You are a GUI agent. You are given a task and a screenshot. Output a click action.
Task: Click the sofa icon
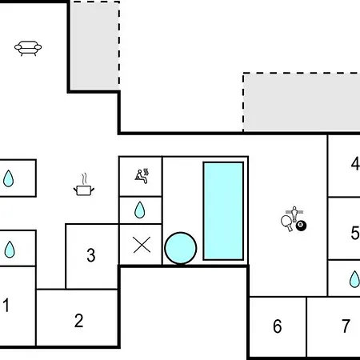[x=28, y=48]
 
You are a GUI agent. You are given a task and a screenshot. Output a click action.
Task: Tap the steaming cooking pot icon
[x=84, y=185]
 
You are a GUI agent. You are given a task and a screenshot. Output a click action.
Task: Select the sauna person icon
[x=142, y=176]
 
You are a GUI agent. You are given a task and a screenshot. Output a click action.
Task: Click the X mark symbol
[x=142, y=245]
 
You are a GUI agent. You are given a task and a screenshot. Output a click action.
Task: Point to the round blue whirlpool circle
[x=181, y=248]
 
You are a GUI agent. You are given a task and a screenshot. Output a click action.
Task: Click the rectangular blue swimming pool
[x=223, y=210]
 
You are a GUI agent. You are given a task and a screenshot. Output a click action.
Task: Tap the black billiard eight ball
[x=301, y=226]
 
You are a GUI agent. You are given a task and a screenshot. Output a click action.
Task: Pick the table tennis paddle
[x=286, y=223]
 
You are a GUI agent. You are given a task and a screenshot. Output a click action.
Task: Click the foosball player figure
[x=294, y=214]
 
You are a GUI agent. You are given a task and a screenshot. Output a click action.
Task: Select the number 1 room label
[x=6, y=305]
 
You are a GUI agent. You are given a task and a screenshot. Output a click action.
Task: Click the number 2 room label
[x=78, y=321]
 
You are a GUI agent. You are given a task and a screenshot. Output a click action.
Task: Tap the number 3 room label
[x=91, y=255]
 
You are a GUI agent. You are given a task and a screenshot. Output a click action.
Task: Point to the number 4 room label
[x=355, y=163]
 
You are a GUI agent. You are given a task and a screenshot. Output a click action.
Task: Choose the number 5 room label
[x=355, y=233]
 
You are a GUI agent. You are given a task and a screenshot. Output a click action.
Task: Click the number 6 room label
[x=278, y=326]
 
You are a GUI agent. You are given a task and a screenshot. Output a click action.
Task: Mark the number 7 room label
[x=346, y=326]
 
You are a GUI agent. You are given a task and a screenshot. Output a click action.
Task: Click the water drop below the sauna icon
[x=140, y=210]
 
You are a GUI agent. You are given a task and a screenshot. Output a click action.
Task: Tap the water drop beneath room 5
[x=354, y=279]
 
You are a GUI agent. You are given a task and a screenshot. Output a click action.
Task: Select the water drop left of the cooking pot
[x=8, y=178]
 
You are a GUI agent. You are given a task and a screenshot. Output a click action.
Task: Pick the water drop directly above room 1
[x=10, y=250]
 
